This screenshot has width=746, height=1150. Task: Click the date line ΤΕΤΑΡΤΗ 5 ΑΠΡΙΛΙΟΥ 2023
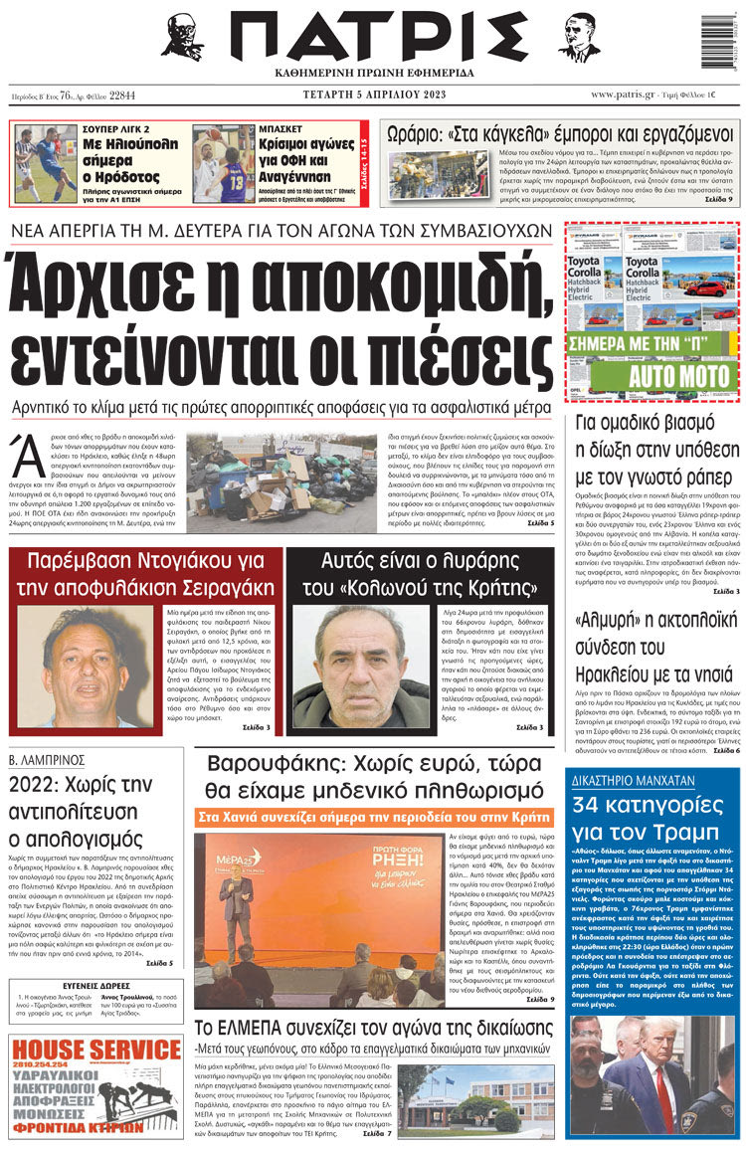tap(370, 95)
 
